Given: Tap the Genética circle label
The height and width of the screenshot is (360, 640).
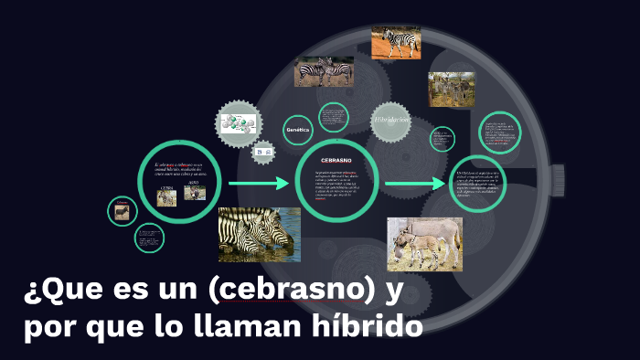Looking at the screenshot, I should pos(298,130).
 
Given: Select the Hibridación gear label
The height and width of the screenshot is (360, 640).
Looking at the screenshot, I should pos(391,121).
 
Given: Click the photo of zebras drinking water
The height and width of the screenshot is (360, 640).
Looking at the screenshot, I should pos(259,234).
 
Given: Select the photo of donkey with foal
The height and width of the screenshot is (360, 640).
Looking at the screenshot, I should pos(423,244).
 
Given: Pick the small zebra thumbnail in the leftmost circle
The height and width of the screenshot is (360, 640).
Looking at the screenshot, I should pos(121,211).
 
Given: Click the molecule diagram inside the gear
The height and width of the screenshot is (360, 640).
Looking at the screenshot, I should pos(239,122).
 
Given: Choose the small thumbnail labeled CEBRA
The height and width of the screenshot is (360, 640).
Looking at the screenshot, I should pos(166,197).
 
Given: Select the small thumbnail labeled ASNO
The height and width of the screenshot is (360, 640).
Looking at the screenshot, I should pos(195,194).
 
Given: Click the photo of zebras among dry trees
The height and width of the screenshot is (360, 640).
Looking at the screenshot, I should pos(451,89).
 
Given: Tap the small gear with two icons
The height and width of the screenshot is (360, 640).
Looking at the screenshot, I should pos(264,151).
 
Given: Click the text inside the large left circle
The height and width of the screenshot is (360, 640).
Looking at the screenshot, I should pos(179,169).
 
